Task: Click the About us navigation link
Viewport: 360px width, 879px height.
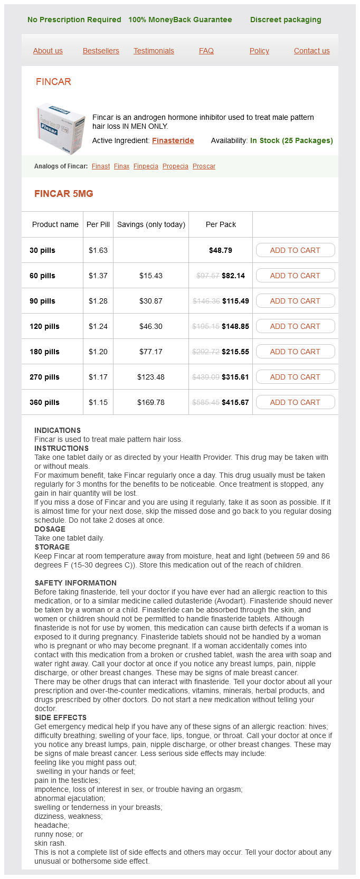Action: click(48, 51)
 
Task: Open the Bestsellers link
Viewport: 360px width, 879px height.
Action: click(101, 51)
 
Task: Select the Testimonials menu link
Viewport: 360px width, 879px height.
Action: click(154, 51)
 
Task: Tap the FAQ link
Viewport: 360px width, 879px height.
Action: click(206, 51)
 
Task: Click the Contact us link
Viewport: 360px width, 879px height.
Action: click(312, 51)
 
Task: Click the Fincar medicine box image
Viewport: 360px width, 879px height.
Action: click(60, 129)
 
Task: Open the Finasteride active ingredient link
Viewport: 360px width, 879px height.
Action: click(173, 140)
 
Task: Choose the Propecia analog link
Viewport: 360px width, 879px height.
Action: click(175, 166)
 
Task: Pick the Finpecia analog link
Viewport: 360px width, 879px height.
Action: click(146, 166)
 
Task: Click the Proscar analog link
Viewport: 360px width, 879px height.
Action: click(204, 166)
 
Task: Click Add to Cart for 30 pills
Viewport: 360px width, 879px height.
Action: click(295, 250)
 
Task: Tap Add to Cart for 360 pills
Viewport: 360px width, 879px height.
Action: click(295, 402)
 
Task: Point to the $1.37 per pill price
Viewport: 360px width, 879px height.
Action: click(98, 276)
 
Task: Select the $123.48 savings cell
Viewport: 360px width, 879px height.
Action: click(151, 377)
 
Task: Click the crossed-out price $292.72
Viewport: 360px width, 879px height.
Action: click(206, 352)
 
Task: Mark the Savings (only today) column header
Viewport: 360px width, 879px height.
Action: click(151, 224)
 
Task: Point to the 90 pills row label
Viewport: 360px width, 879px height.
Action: click(42, 301)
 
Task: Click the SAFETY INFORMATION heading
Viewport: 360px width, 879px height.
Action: click(75, 583)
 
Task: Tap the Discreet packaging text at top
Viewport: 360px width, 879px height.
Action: click(286, 20)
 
